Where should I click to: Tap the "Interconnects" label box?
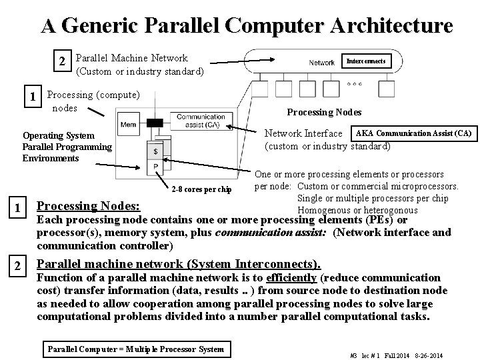tap(365, 61)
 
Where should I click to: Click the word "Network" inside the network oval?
tap(321, 63)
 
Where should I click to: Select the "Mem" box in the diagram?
tap(129, 125)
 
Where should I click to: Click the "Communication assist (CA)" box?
tap(201, 121)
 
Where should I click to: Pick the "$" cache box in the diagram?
tap(156, 152)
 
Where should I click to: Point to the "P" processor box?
tap(156, 166)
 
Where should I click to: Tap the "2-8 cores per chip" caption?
tap(201, 190)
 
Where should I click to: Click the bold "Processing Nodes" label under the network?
tap(324, 112)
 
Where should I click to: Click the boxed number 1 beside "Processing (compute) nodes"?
tap(34, 97)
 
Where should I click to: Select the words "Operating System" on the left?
tap(59, 135)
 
